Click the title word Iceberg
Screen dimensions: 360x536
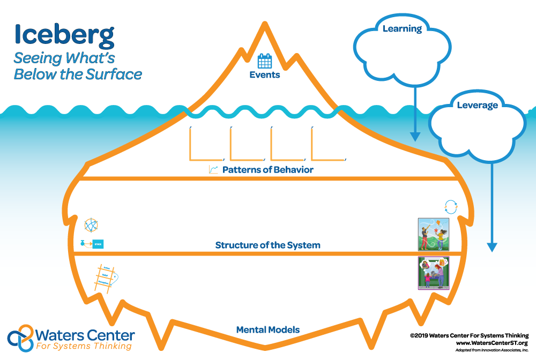coord(64,34)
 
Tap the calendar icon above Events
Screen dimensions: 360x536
coord(265,61)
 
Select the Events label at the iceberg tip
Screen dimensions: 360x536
coord(265,75)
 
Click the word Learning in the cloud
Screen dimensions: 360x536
coord(402,28)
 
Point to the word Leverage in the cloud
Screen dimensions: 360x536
coord(477,105)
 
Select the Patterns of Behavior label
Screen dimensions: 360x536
coord(267,170)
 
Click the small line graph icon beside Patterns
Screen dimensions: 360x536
coord(213,170)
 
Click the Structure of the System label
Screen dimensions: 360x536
coord(267,245)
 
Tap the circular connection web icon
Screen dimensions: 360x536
coord(92,225)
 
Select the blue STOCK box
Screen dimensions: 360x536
coord(98,244)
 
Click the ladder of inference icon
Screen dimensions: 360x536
coord(105,277)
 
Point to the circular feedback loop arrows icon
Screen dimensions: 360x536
coord(451,207)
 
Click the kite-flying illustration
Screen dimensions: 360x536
coord(433,234)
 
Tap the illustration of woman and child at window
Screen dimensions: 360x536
coord(433,273)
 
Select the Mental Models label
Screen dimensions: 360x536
coord(267,330)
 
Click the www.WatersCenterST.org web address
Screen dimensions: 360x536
coord(492,343)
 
